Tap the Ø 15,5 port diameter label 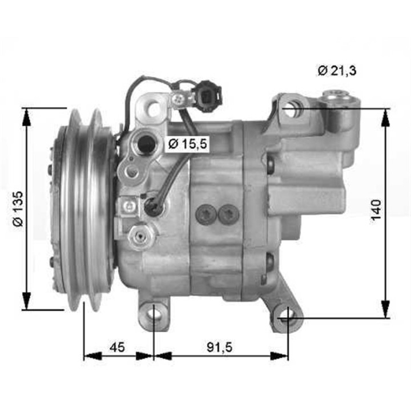(x=186, y=145)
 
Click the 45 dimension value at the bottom (x=117, y=347)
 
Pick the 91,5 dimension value (x=220, y=347)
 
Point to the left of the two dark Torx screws (x=204, y=215)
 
